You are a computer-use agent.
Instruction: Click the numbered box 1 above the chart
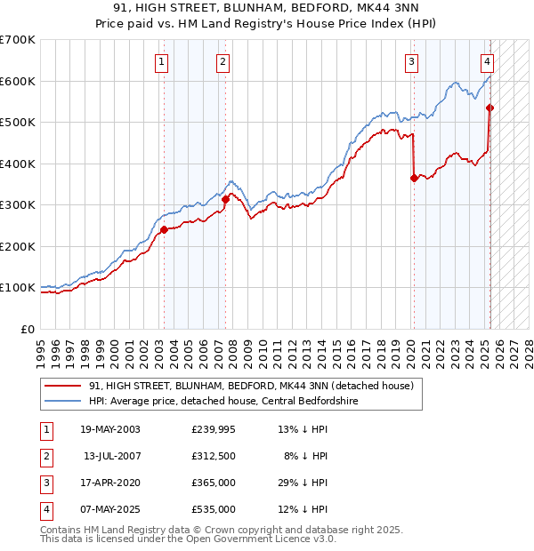click(x=161, y=61)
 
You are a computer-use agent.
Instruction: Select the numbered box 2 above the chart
click(x=222, y=61)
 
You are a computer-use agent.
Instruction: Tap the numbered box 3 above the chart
click(x=412, y=61)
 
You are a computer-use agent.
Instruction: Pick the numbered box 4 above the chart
click(x=488, y=61)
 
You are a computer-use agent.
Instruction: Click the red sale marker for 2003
click(x=165, y=229)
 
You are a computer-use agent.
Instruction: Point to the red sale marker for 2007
click(x=225, y=200)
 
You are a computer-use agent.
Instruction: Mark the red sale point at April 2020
click(x=414, y=178)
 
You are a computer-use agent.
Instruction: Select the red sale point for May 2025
click(x=489, y=108)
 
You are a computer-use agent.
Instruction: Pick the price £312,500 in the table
click(x=214, y=455)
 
